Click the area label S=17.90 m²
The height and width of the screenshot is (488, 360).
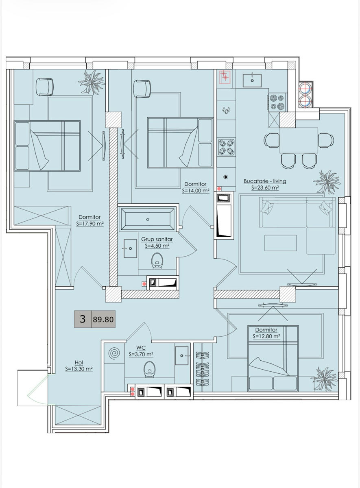(x=90, y=224)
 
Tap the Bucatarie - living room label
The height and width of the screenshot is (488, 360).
(x=265, y=181)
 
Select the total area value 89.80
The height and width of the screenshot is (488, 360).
(x=103, y=319)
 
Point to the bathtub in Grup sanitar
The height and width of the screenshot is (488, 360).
(x=148, y=219)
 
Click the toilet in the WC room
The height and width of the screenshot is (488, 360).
(x=149, y=369)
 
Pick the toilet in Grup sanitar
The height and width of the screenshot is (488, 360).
(x=157, y=261)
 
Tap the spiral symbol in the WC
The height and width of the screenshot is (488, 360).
(x=114, y=353)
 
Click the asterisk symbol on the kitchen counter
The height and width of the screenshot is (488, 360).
(x=226, y=177)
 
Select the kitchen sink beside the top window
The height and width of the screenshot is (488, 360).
(x=252, y=80)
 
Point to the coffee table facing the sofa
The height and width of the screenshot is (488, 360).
(x=280, y=243)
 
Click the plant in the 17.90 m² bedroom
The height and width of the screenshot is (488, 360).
(x=92, y=82)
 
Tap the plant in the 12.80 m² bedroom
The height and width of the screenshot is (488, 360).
(x=325, y=379)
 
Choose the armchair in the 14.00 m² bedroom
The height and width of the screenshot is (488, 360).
(x=142, y=89)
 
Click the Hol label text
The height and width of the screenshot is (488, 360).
(x=79, y=362)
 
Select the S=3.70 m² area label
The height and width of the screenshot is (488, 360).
(x=141, y=355)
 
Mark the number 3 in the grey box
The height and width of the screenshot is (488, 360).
(x=83, y=319)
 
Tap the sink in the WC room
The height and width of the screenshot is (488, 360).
(x=182, y=355)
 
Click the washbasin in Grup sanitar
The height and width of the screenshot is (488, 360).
(x=130, y=248)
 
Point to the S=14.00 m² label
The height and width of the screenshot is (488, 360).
(x=196, y=191)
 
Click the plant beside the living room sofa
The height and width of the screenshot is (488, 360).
(x=327, y=182)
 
